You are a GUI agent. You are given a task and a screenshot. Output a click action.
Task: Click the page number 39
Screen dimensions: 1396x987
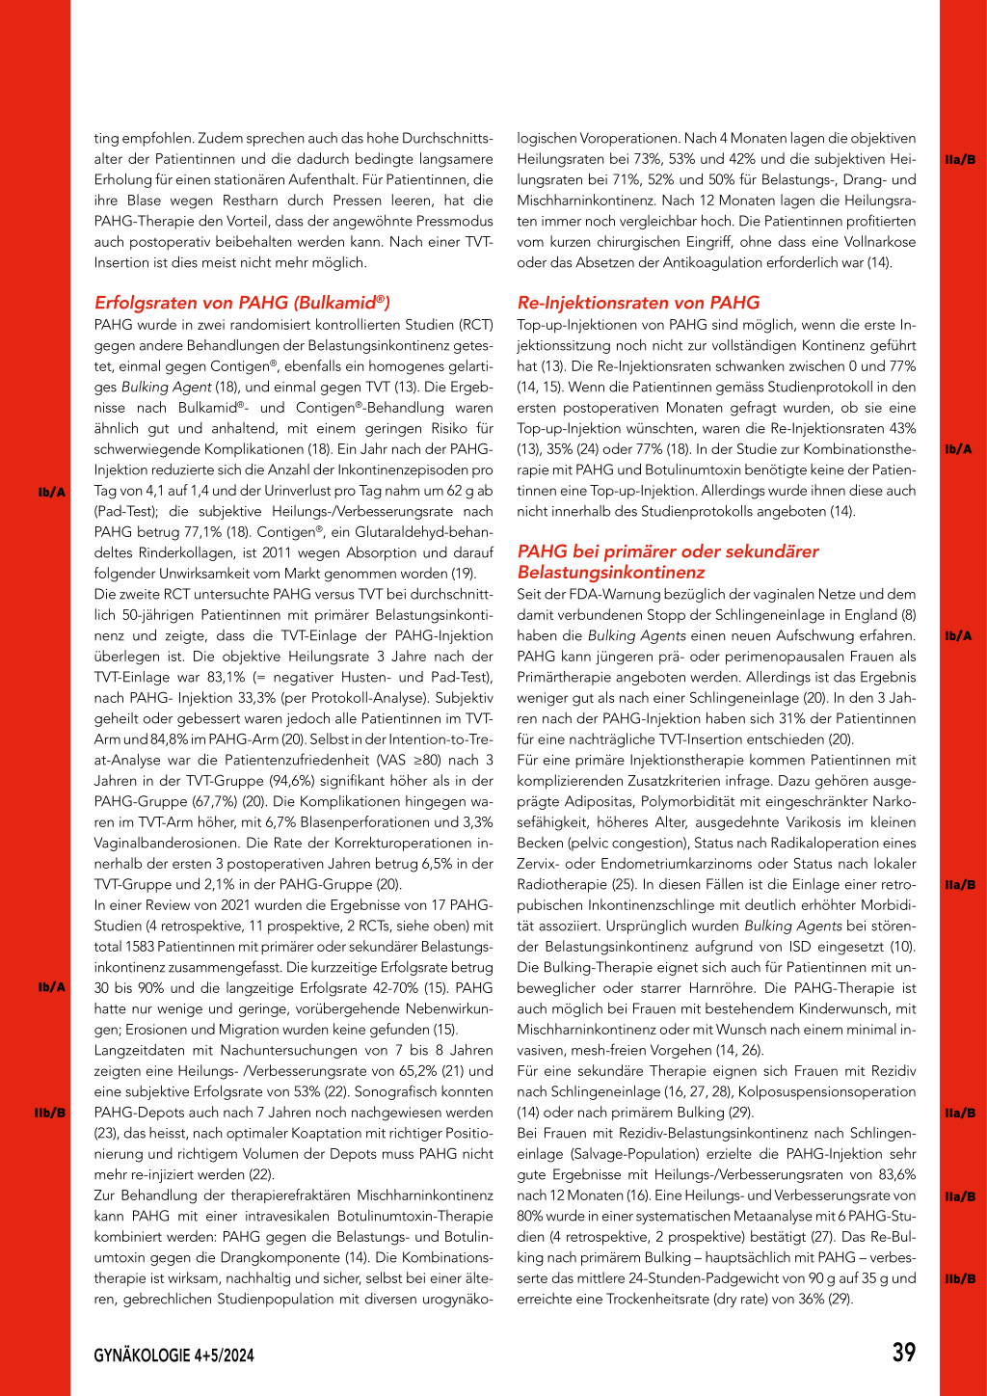click(x=903, y=1353)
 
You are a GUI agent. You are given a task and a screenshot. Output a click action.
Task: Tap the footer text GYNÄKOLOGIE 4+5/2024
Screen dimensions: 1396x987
click(x=173, y=1356)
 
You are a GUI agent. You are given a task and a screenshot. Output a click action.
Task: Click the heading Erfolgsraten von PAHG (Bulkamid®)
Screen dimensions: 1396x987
click(x=242, y=303)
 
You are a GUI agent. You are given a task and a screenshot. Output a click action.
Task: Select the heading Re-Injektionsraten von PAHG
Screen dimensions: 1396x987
click(x=638, y=303)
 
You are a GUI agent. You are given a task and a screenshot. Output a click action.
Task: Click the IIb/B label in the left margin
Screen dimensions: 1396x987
click(x=50, y=1113)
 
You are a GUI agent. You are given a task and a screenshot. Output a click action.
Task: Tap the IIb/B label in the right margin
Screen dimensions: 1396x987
click(x=960, y=1278)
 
